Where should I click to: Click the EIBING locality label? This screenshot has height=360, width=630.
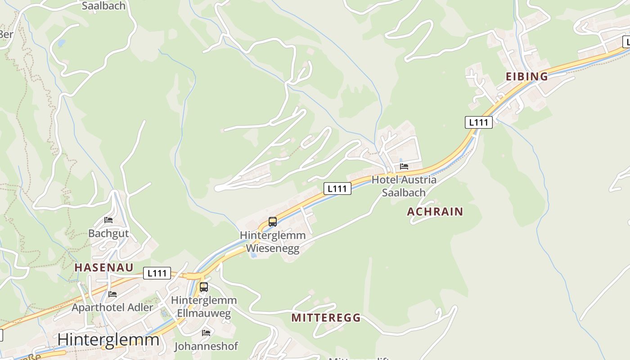coord(526,76)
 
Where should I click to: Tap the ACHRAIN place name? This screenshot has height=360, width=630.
coord(435,211)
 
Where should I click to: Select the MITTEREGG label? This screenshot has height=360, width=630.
coord(326,318)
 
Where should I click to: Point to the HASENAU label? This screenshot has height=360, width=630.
coord(104,267)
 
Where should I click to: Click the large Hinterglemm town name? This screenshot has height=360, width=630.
coord(108,339)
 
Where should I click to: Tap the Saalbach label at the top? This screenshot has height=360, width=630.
coord(104,6)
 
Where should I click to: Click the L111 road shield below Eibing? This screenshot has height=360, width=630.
coord(478,122)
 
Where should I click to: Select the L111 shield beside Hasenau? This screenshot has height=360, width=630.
coord(157,273)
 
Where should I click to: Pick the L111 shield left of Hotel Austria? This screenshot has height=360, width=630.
coord(337,189)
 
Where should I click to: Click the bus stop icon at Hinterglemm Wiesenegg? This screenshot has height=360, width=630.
coord(272,221)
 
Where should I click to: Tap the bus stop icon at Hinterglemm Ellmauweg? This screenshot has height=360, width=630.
coord(204,287)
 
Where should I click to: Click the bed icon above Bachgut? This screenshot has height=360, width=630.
coord(108,220)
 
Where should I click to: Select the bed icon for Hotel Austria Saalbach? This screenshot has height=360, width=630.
coord(404,166)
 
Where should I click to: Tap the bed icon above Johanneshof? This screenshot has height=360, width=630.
coord(206,333)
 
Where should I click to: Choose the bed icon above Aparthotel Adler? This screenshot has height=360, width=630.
coord(112,294)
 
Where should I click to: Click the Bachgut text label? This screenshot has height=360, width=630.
coord(108,233)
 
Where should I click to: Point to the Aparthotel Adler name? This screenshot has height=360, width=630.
coord(112,308)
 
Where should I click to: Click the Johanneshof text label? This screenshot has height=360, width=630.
coord(206,346)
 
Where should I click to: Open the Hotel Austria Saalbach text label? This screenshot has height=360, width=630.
coord(404,186)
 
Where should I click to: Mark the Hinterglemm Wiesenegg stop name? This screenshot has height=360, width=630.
coord(272,242)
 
